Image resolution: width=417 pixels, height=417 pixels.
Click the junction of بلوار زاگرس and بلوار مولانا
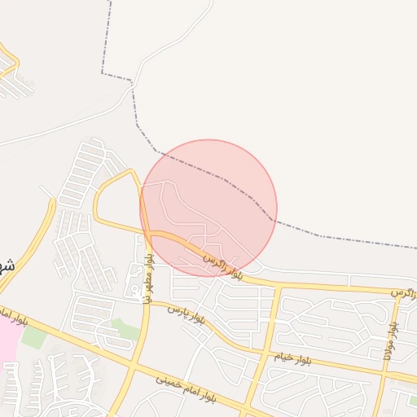[x=399, y=292]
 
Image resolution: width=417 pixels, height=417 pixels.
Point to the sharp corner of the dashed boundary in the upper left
[x=103, y=74]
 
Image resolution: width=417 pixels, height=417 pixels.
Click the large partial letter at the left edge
[x=7, y=266]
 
